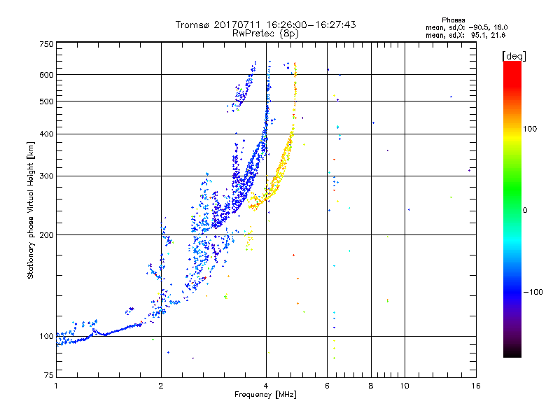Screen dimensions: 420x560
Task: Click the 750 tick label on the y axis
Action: click(45, 44)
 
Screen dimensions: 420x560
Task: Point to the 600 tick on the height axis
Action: click(45, 74)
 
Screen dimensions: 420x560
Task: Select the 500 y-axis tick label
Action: click(45, 101)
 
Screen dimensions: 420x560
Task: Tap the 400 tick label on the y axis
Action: click(45, 134)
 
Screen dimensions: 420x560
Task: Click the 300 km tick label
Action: click(45, 176)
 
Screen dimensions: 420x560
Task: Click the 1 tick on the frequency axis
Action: click(56, 386)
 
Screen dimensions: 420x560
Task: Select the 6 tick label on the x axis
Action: click(328, 386)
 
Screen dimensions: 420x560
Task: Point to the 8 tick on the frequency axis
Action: click(371, 386)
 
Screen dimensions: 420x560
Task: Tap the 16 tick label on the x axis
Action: click(476, 386)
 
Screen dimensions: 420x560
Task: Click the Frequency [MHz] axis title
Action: click(265, 395)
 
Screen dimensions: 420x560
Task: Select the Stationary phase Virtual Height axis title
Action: click(31, 211)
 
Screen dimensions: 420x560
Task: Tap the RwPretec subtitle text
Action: click(255, 33)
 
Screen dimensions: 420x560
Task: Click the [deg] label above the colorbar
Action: click(514, 55)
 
